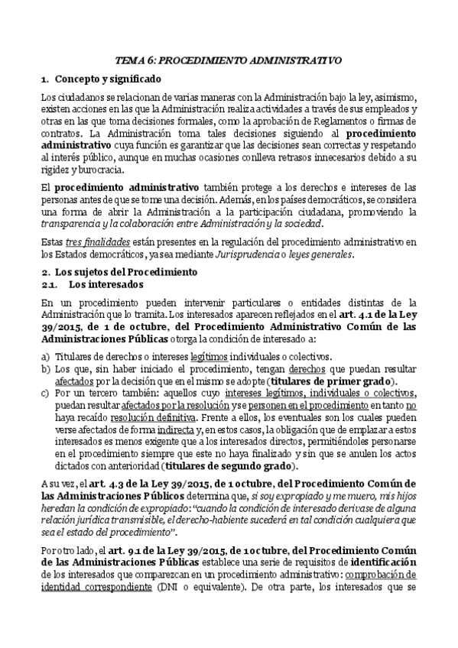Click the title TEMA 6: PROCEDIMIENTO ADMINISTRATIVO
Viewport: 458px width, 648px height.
(229, 59)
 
